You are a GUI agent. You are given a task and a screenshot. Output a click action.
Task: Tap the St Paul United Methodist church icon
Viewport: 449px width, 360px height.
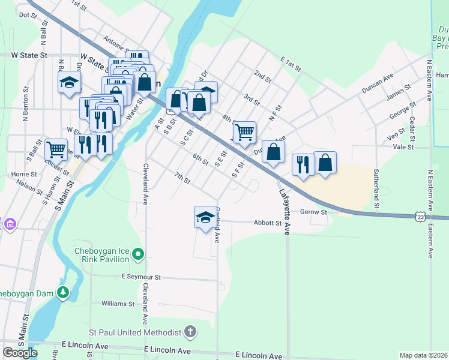coord(190,332)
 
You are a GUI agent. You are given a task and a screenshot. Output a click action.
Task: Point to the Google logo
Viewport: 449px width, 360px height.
coord(19,352)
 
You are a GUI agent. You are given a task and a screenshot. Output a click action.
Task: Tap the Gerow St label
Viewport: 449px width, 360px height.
coord(314,212)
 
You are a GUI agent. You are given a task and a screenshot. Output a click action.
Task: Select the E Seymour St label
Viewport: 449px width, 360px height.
coord(141,277)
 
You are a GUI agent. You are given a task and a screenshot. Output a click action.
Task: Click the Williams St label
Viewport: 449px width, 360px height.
coord(118,304)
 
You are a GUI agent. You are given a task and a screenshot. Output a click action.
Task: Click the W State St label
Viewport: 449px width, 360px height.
coord(29,55)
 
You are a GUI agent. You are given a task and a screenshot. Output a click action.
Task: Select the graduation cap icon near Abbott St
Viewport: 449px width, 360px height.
coord(205,216)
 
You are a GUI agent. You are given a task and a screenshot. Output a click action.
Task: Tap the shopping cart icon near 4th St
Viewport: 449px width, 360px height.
coord(244,131)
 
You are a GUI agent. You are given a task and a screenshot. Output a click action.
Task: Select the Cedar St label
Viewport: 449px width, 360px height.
coord(412,125)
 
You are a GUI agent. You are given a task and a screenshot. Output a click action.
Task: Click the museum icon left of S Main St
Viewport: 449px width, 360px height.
coord(10,224)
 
